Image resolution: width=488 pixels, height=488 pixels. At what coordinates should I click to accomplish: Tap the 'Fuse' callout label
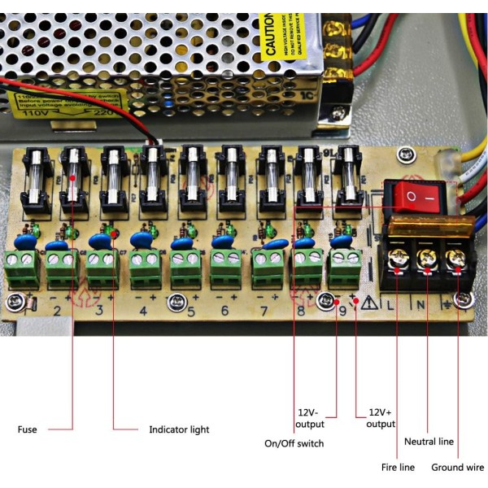click(x=27, y=429)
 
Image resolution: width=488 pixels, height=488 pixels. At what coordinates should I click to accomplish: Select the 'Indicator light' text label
click(x=179, y=429)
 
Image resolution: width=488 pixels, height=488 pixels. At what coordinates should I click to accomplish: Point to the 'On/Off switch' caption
click(x=294, y=443)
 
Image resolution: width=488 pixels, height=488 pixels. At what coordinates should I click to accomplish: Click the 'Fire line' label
click(x=399, y=468)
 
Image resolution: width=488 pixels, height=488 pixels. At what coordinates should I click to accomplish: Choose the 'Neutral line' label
click(x=429, y=442)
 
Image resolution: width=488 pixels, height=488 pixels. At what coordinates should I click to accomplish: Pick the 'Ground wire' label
click(x=457, y=468)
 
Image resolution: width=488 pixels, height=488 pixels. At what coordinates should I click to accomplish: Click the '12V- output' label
click(x=310, y=418)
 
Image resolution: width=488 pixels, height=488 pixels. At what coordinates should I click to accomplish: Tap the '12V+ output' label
click(x=380, y=418)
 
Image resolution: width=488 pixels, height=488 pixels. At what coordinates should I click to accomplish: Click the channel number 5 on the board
click(x=190, y=310)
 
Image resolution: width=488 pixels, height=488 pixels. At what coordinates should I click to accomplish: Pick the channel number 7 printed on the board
click(x=264, y=310)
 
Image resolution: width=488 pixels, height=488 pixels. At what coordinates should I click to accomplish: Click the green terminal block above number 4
click(x=143, y=262)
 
